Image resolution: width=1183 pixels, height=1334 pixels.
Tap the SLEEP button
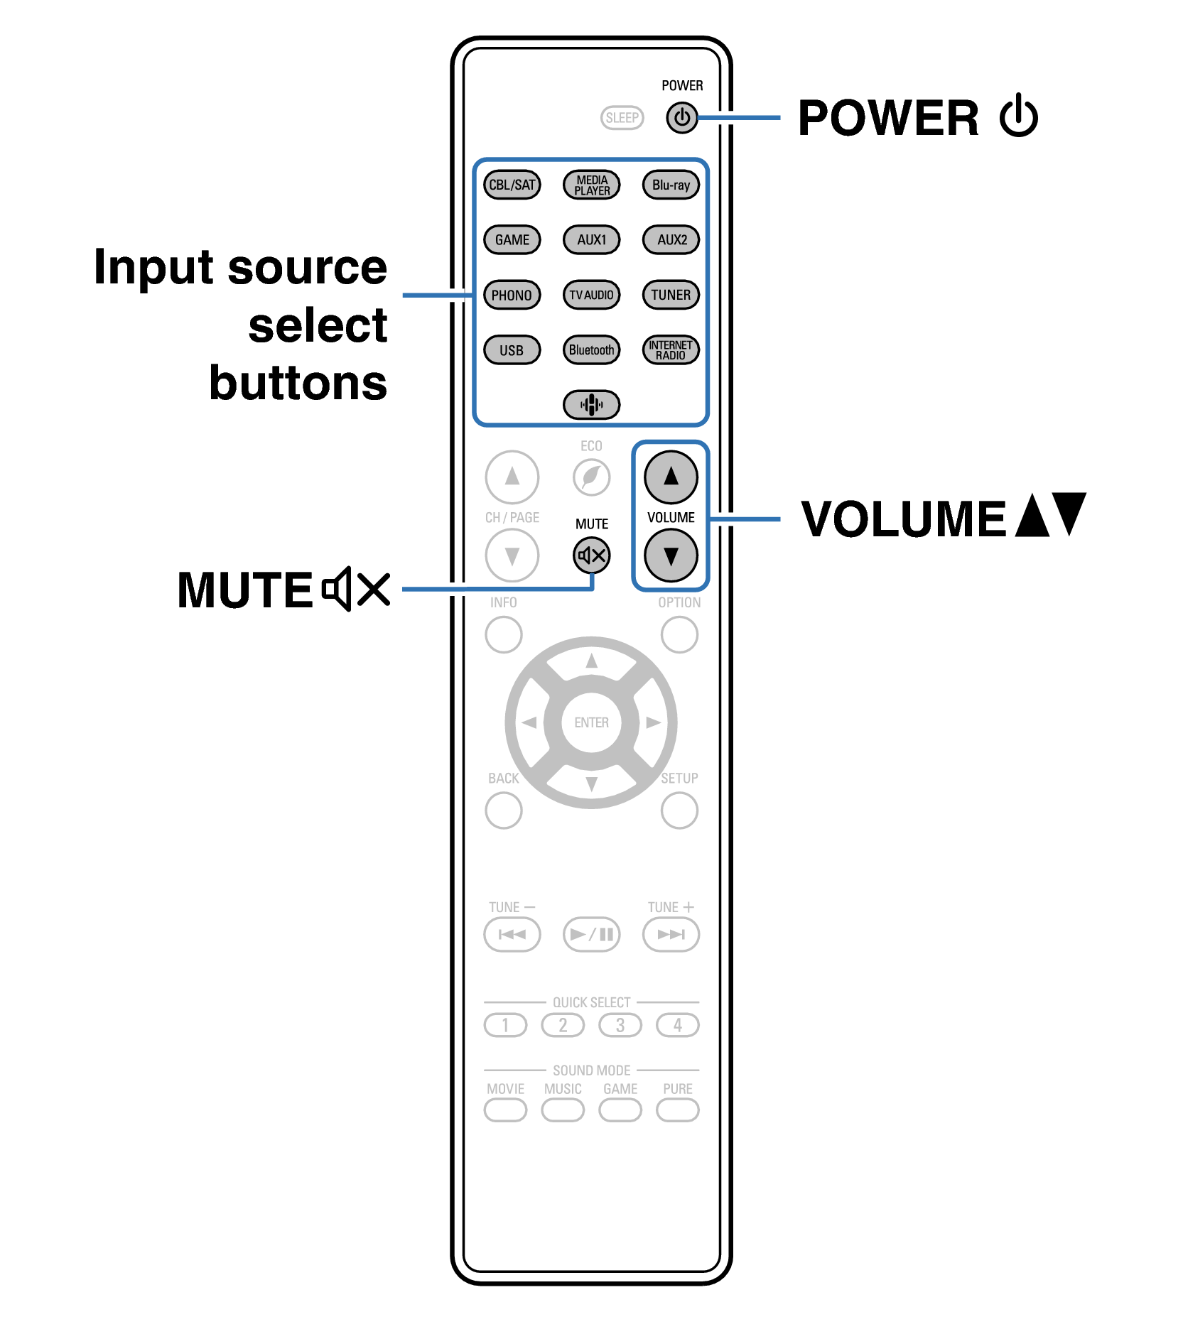click(x=622, y=118)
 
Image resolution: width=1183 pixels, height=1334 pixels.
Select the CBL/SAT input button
click(x=512, y=185)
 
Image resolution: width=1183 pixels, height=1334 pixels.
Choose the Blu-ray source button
click(x=671, y=185)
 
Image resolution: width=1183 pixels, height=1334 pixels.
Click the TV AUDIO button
click(x=591, y=295)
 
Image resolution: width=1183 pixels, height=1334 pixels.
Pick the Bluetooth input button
click(x=591, y=349)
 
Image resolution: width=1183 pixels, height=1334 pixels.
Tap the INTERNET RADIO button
click(x=671, y=349)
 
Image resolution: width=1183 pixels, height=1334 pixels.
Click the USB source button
click(x=512, y=349)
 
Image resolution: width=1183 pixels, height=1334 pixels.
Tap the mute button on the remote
click(x=591, y=555)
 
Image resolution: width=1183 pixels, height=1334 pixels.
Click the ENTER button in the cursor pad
click(x=591, y=722)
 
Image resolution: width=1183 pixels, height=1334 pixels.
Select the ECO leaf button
click(x=591, y=477)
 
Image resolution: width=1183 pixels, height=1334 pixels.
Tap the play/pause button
click(x=591, y=934)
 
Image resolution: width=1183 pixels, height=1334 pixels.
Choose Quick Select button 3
click(x=620, y=1025)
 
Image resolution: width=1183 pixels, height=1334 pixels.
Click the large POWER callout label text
click(x=888, y=118)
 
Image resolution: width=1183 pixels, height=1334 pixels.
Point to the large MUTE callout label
click(x=245, y=590)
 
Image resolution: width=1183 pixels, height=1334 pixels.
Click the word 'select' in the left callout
click(x=318, y=325)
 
